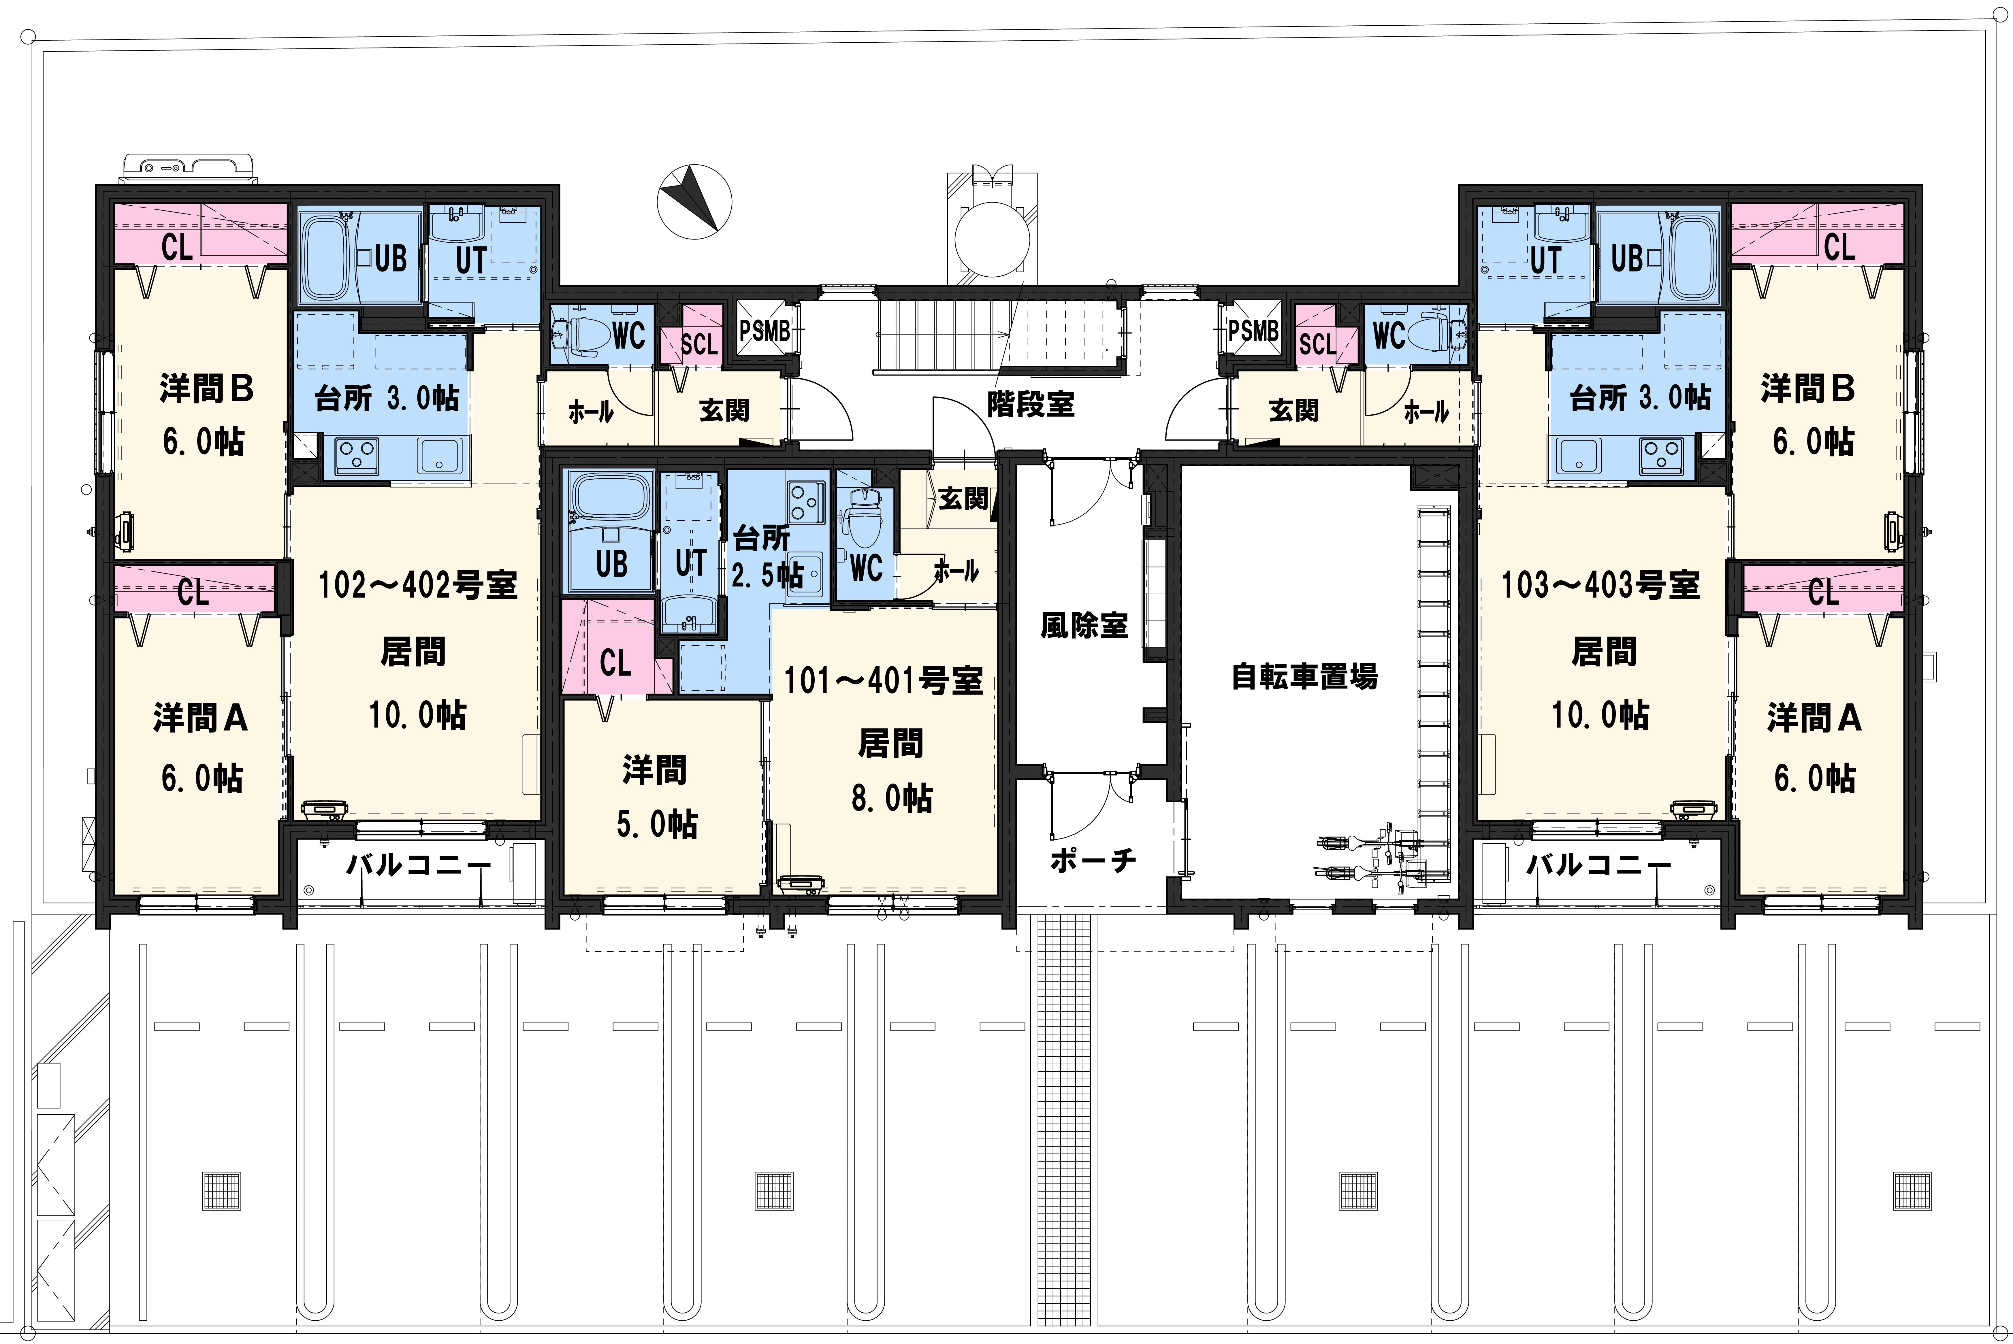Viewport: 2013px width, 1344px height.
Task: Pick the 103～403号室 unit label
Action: click(1600, 586)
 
